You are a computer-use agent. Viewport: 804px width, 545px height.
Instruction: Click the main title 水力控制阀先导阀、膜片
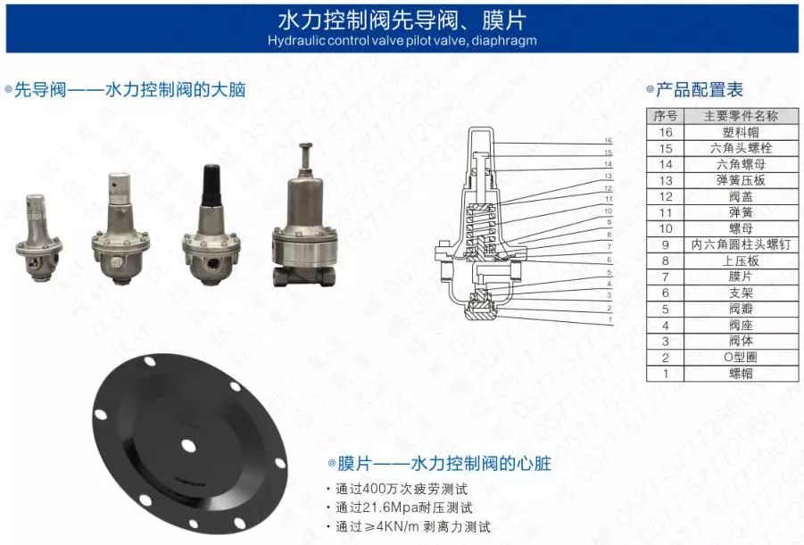(x=402, y=21)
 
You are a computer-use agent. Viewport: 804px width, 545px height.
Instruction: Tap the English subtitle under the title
(x=402, y=41)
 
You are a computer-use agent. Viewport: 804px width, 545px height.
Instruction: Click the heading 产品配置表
(x=700, y=89)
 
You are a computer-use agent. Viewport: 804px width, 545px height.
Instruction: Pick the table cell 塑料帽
(x=740, y=132)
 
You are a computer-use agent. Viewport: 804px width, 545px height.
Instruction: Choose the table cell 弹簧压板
(x=740, y=180)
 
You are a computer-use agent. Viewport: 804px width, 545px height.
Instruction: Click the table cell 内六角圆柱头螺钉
(x=740, y=244)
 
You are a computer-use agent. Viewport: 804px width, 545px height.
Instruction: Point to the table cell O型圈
(x=740, y=357)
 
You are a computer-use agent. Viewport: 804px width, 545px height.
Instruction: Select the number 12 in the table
(x=665, y=196)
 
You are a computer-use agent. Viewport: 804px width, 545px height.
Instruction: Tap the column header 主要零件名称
(x=740, y=116)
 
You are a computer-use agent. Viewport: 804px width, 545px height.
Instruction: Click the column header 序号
(x=665, y=116)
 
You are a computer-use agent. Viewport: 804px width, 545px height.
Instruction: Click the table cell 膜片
(x=740, y=277)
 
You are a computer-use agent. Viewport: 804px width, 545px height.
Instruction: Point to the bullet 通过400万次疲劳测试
(x=402, y=489)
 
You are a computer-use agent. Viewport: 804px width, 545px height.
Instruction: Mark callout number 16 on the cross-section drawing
(x=608, y=141)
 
